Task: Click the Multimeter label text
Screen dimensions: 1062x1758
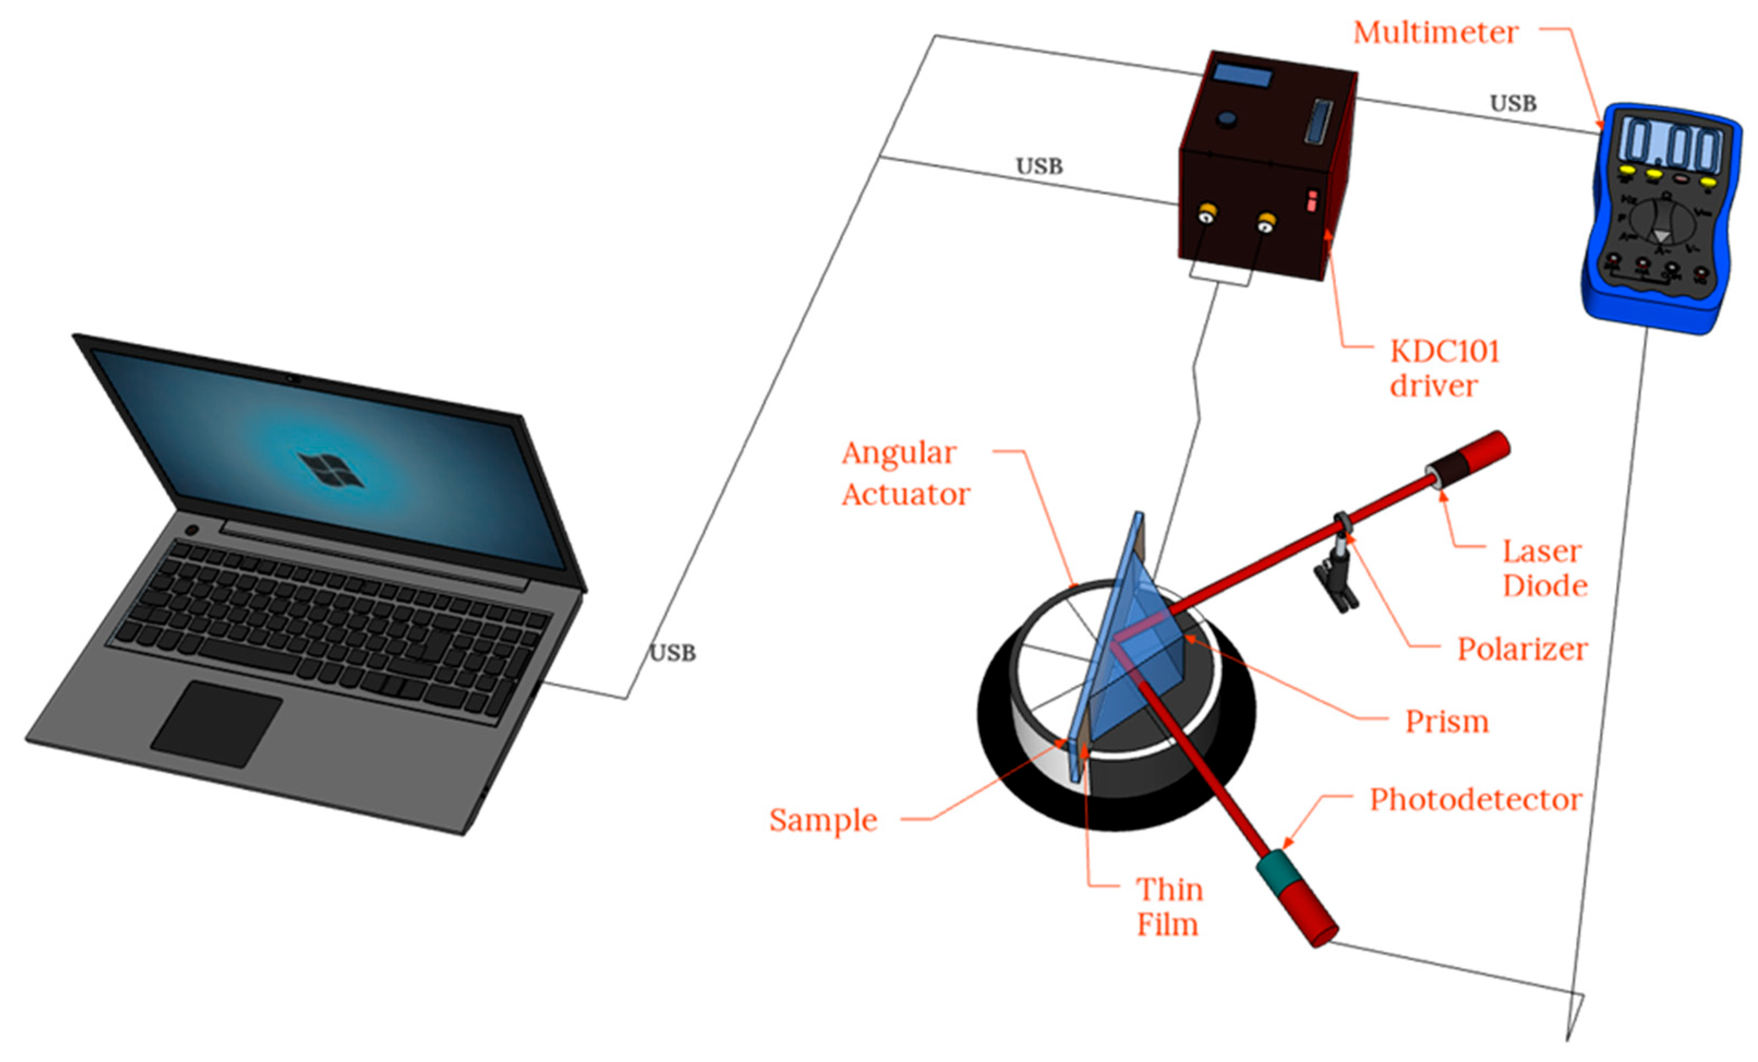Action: coord(1435,33)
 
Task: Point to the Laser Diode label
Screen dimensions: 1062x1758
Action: coord(1545,568)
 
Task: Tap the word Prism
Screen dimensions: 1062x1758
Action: coord(1447,722)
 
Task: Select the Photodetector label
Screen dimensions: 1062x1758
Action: coord(1476,799)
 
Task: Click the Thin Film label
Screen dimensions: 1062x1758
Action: coord(1169,907)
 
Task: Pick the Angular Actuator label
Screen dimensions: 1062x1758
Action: coord(905,473)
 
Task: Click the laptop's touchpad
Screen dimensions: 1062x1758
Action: coord(216,723)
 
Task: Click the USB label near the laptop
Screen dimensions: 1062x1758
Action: coord(672,652)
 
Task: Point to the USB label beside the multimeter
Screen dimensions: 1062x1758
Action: coord(1513,104)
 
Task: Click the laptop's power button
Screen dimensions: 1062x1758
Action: coord(191,530)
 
